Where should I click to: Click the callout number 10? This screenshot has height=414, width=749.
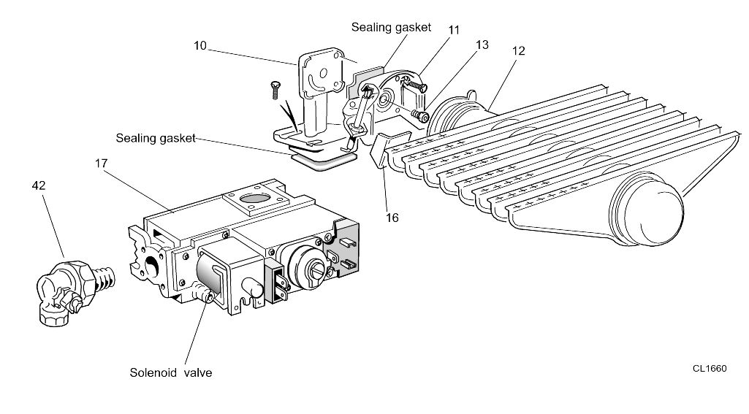[x=199, y=45]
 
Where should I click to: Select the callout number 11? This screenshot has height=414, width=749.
[x=453, y=30]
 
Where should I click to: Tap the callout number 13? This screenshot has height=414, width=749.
[x=482, y=45]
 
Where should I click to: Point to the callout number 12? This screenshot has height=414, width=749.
[x=518, y=50]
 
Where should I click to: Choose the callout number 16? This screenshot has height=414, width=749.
[x=392, y=218]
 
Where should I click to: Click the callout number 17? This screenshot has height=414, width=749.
[x=101, y=164]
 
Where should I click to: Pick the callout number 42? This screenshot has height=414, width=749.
[x=39, y=185]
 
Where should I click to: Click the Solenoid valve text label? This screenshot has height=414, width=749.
[x=171, y=372]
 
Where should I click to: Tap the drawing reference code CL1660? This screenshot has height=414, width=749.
[x=710, y=368]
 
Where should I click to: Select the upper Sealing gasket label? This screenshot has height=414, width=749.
[x=391, y=27]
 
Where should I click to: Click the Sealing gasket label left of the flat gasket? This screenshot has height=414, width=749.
[x=156, y=138]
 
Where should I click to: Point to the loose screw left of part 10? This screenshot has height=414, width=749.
[x=275, y=90]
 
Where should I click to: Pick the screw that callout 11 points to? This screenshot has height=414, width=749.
[x=415, y=85]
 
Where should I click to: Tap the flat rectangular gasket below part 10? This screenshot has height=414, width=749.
[x=323, y=160]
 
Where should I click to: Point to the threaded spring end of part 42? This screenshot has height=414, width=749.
[x=105, y=280]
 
